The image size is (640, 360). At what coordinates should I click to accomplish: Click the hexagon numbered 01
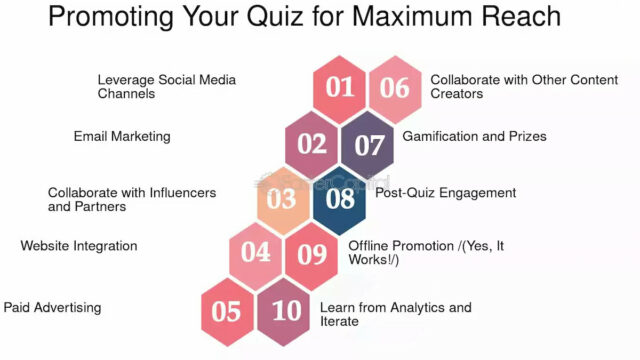click(x=340, y=87)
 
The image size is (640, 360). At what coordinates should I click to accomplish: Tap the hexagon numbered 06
click(x=395, y=87)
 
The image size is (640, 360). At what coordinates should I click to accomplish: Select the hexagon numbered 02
click(x=311, y=144)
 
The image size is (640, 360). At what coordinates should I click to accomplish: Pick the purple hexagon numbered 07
click(x=369, y=144)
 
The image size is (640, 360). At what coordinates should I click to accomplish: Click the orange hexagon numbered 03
click(x=283, y=199)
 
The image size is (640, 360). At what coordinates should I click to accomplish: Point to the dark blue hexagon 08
click(x=341, y=199)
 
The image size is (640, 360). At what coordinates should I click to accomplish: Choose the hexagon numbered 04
click(x=256, y=253)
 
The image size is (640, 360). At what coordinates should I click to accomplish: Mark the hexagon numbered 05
click(x=227, y=311)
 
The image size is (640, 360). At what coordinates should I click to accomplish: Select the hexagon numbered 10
click(x=286, y=310)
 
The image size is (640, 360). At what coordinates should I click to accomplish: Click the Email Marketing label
click(x=122, y=136)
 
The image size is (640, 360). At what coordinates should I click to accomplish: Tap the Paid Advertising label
click(x=52, y=307)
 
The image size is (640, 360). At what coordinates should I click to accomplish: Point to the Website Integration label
click(x=79, y=245)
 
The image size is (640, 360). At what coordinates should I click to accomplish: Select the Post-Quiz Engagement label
click(x=445, y=192)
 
